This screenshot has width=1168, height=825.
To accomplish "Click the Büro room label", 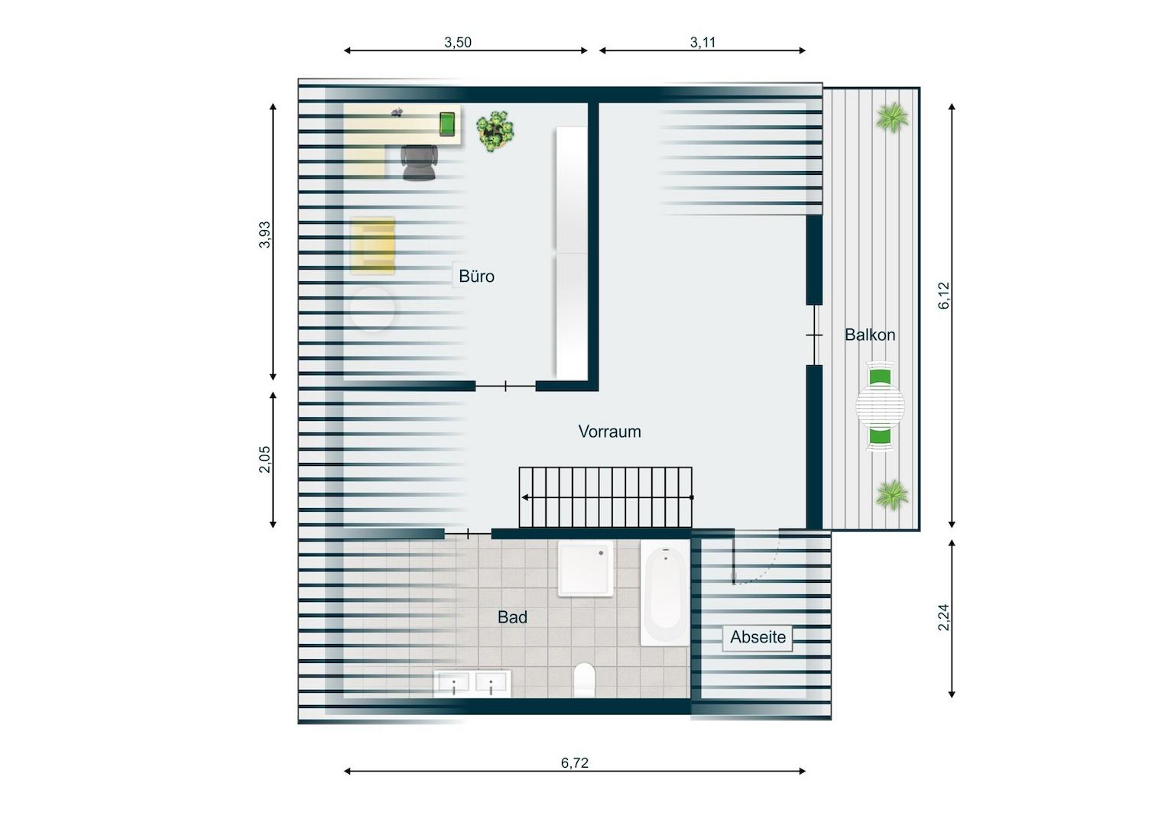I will pyautogui.click(x=476, y=276).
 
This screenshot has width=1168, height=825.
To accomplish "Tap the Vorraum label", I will pyautogui.click(x=609, y=432).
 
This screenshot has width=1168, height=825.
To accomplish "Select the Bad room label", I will pyautogui.click(x=512, y=617).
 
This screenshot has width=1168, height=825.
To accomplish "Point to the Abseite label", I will pyautogui.click(x=758, y=637).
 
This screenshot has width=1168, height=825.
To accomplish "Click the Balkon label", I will pyautogui.click(x=870, y=335).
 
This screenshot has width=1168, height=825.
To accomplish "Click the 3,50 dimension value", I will pyautogui.click(x=458, y=42).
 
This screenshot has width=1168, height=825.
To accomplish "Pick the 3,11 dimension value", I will pyautogui.click(x=702, y=42).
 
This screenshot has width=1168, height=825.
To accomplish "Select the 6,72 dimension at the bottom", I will pyautogui.click(x=575, y=762).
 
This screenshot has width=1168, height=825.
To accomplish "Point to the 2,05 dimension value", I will pyautogui.click(x=264, y=459).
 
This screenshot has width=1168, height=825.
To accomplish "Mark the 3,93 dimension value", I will pyautogui.click(x=264, y=235).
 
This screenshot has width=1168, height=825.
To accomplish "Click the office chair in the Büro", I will pyautogui.click(x=420, y=162).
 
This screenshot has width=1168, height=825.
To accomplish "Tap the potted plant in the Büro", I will pyautogui.click(x=495, y=131).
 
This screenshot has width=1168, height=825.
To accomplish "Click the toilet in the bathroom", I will pyautogui.click(x=585, y=679).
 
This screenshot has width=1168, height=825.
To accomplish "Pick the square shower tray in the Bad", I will pyautogui.click(x=586, y=568).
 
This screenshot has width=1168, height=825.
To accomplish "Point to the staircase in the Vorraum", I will pyautogui.click(x=605, y=497).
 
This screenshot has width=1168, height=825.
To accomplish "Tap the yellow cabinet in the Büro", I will pyautogui.click(x=372, y=245).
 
